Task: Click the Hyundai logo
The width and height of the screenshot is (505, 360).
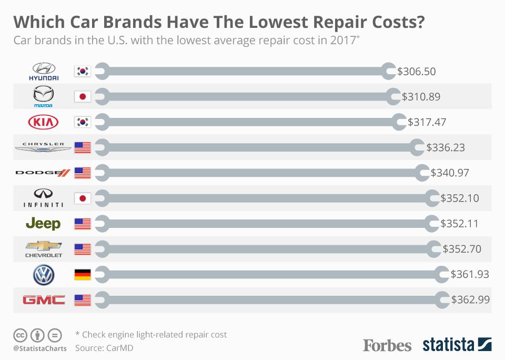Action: pos(43,71)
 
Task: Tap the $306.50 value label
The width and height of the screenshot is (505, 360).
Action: pos(417,71)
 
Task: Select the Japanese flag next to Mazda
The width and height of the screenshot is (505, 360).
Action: pos(83,96)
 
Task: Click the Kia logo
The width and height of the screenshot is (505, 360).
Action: pos(43,122)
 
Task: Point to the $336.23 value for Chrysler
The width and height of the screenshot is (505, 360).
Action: pos(446,147)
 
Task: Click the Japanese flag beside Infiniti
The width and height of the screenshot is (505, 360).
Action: pos(83,198)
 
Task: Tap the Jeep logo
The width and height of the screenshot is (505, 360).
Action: pos(43,224)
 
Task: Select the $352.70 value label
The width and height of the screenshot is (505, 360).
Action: pos(462,249)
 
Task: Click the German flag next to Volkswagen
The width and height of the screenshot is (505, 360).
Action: pos(83,275)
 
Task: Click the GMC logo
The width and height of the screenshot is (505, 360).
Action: pos(43,300)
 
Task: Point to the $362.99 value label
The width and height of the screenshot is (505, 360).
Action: pos(470,300)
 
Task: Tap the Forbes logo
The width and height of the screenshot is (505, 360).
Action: pos(387,345)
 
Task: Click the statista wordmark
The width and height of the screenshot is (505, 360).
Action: pos(448,345)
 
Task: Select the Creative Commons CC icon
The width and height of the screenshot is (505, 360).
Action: pos(20,335)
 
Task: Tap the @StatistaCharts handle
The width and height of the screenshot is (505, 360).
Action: pos(40,348)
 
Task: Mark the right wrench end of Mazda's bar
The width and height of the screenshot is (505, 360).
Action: pos(393,96)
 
